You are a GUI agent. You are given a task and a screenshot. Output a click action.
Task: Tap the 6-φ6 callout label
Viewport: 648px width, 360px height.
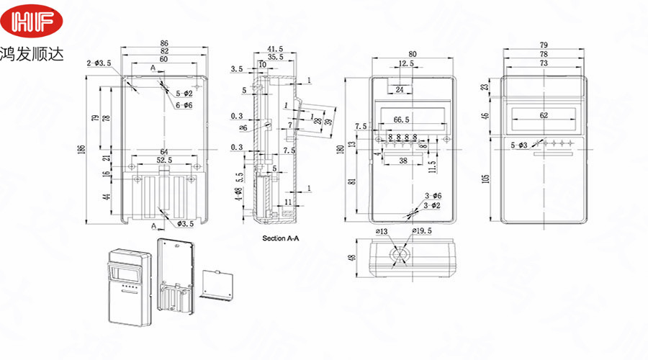(x=184, y=105)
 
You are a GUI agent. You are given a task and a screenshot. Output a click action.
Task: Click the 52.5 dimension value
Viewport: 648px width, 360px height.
(x=165, y=160)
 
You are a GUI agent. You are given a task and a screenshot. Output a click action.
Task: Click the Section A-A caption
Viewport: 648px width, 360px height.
(x=282, y=238)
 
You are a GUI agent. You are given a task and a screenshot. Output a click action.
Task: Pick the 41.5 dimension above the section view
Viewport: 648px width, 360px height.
(x=275, y=48)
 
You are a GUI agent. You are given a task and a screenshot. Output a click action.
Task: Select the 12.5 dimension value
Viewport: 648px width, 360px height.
(x=407, y=64)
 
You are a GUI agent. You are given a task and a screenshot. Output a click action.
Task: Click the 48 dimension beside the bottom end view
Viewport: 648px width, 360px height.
(x=352, y=257)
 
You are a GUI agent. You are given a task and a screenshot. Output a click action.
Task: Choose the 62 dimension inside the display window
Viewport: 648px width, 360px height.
(x=543, y=114)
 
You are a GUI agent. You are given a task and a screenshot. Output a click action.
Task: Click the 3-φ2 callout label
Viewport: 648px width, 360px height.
(x=432, y=206)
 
